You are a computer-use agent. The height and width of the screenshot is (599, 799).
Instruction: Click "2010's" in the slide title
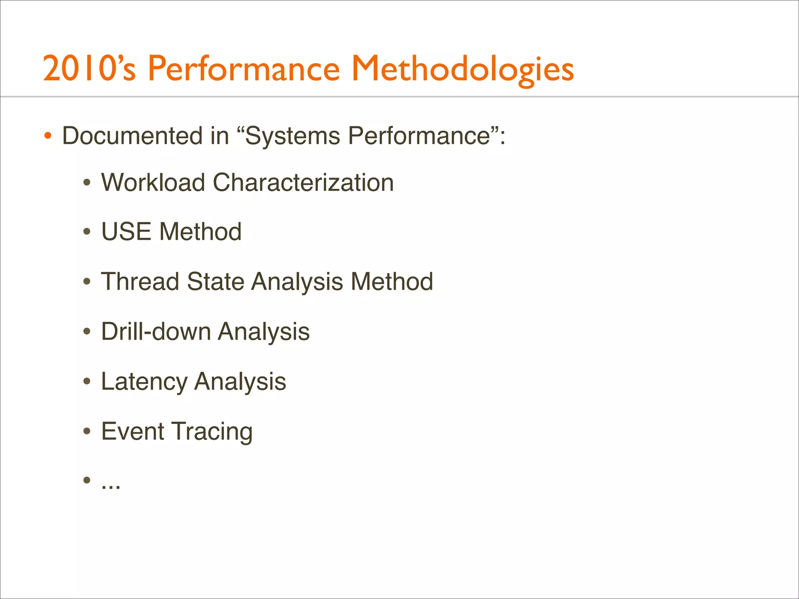[x=89, y=69]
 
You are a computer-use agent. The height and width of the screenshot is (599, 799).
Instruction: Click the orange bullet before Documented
[x=48, y=136]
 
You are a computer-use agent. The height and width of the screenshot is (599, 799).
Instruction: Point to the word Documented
[x=132, y=136]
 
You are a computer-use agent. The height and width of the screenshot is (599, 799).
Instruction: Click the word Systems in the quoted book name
[x=292, y=136]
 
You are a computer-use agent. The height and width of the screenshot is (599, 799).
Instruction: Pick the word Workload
[x=153, y=183]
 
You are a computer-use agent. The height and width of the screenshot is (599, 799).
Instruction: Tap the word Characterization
[x=303, y=183]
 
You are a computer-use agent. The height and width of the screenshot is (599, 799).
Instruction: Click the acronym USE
[x=126, y=232]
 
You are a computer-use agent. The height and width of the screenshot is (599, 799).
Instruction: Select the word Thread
[x=140, y=282]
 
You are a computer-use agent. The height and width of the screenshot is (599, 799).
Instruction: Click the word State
[x=215, y=282]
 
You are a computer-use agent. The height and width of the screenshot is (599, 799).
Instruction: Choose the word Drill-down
[x=156, y=331]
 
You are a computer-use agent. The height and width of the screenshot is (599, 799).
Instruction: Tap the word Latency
[x=144, y=381]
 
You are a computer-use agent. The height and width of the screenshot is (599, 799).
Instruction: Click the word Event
[x=133, y=431]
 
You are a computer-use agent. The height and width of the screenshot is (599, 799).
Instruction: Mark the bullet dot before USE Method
[x=87, y=232]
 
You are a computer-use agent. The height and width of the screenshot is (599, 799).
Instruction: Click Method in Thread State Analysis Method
[x=392, y=282]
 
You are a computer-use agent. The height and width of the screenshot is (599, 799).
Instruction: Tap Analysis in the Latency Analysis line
[x=240, y=381]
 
